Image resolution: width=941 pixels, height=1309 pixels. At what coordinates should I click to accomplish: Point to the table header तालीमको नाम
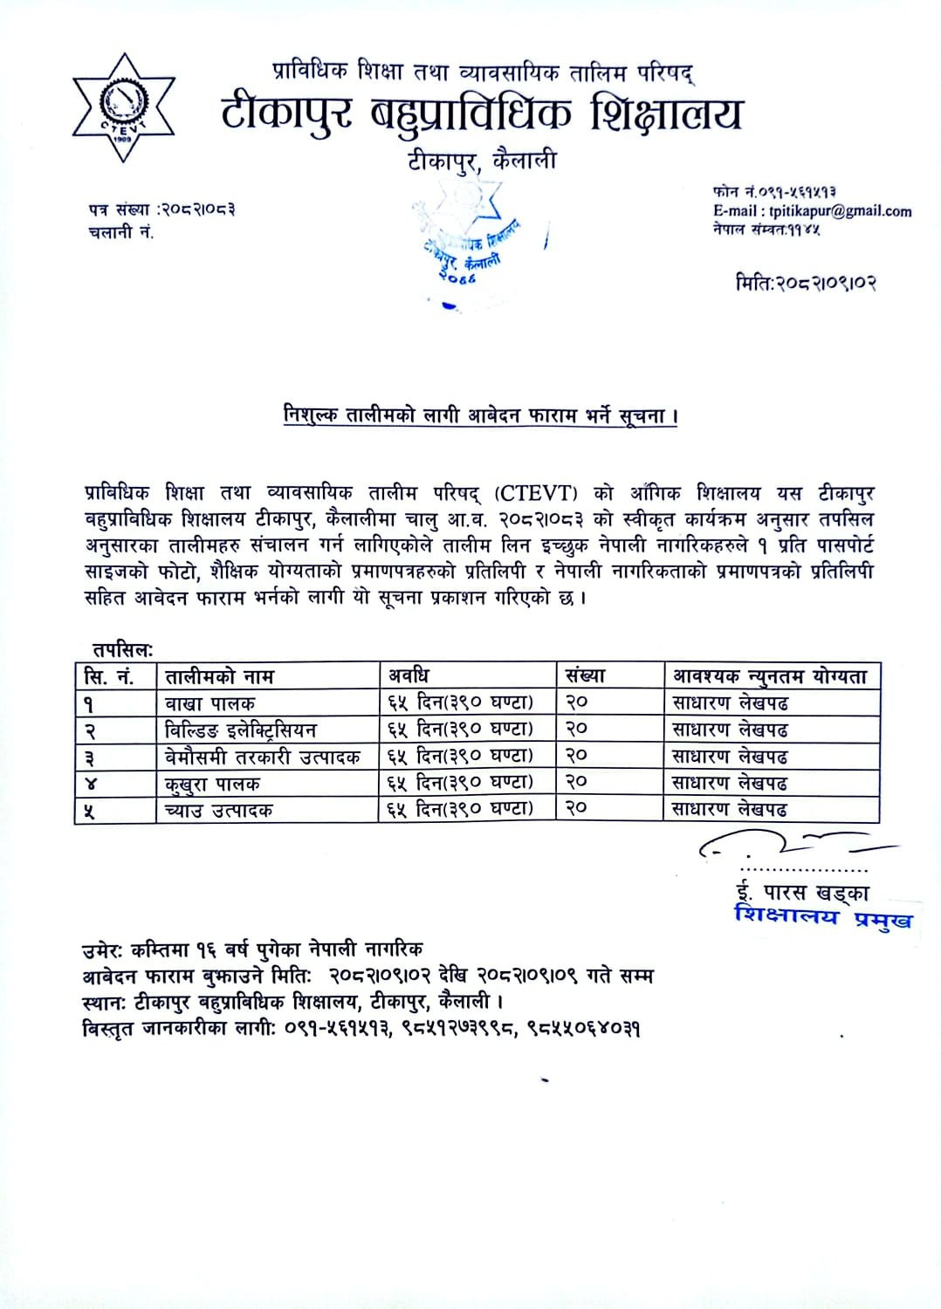pos(220,676)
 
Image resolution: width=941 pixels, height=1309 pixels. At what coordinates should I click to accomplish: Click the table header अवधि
pos(409,675)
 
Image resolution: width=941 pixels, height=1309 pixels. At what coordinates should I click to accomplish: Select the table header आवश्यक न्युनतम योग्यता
pos(770,675)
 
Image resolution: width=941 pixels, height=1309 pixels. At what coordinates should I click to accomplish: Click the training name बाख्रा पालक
pos(210,702)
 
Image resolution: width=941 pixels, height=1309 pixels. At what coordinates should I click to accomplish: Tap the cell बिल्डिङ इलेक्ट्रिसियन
pos(241,729)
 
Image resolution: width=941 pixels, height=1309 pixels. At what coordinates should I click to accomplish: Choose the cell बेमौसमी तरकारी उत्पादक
pos(263,756)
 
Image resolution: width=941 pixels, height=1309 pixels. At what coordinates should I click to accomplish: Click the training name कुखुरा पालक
pos(212,783)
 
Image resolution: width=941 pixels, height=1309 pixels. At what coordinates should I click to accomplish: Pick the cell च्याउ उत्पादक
pos(219,810)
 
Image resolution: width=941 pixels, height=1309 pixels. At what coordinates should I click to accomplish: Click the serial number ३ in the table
pos(90,757)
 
